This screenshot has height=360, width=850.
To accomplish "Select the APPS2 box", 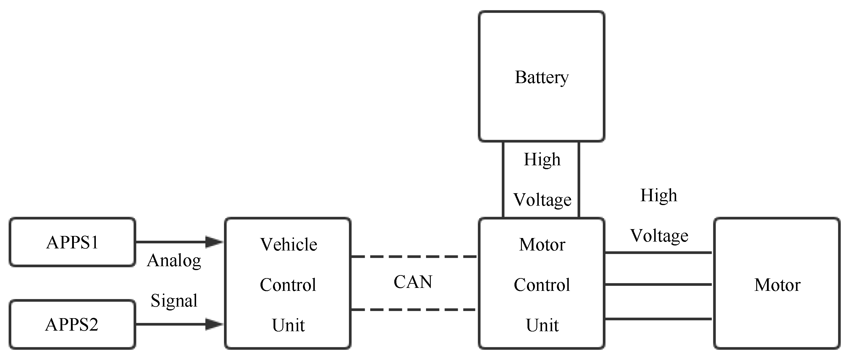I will click(72, 325).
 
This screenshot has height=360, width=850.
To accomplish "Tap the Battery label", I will click(541, 77).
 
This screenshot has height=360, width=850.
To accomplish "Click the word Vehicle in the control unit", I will click(288, 245).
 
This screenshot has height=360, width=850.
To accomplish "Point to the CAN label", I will click(413, 282).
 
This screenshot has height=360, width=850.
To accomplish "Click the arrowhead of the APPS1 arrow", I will click(214, 242).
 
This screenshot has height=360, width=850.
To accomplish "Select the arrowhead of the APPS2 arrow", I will click(214, 324).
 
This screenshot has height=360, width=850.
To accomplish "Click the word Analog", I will click(174, 261).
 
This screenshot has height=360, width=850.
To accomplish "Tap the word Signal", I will click(174, 301).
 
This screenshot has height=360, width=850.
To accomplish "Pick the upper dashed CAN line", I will click(414, 256).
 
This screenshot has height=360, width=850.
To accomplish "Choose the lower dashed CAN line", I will click(414, 310).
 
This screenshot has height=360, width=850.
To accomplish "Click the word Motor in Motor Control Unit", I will click(542, 245).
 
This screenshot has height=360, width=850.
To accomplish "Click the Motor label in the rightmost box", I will click(777, 285).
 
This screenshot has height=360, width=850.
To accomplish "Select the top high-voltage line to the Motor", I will click(658, 253).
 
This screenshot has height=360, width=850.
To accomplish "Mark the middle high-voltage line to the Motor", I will click(658, 284).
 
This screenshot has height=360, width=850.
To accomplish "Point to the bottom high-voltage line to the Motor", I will click(658, 319).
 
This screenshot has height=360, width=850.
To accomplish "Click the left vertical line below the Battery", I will click(503, 180).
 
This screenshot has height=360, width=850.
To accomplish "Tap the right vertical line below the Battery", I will click(579, 180).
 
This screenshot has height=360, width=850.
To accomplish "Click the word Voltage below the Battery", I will click(542, 200).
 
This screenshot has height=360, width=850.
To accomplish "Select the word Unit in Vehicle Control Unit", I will click(288, 325).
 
